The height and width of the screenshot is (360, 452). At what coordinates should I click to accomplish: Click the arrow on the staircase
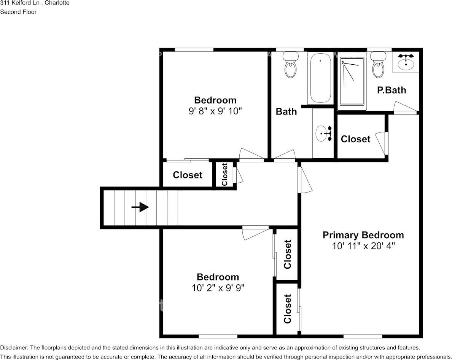[x=140, y=207]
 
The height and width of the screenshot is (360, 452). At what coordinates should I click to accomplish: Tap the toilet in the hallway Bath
[x=291, y=66]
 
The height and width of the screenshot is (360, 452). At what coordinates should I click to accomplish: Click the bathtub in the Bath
[x=320, y=78]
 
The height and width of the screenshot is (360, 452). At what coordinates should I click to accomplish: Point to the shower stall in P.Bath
[x=352, y=81]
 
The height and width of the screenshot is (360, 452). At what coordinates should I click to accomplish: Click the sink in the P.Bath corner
[x=406, y=62]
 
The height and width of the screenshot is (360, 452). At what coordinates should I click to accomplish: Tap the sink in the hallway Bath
[x=323, y=134]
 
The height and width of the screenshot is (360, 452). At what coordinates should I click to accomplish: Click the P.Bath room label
[x=391, y=90]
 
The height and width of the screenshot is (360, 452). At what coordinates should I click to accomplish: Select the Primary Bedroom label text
[x=363, y=235]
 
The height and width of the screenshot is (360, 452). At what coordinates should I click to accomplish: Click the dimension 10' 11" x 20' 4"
[x=363, y=246]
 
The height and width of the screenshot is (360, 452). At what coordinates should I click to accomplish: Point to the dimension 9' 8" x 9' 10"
[x=215, y=111]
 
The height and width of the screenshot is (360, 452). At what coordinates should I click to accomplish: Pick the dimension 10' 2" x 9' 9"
[x=218, y=288]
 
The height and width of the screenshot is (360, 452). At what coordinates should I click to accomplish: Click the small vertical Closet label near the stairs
[x=224, y=174]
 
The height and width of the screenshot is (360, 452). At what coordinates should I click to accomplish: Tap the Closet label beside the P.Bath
[x=355, y=139]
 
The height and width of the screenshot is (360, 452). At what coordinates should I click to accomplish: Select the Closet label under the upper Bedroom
[x=187, y=175]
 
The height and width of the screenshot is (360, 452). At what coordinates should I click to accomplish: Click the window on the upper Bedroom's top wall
[x=194, y=49]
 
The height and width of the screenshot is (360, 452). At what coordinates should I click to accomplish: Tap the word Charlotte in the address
[x=57, y=3]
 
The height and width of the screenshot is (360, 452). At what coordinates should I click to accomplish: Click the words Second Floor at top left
[x=18, y=12]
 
